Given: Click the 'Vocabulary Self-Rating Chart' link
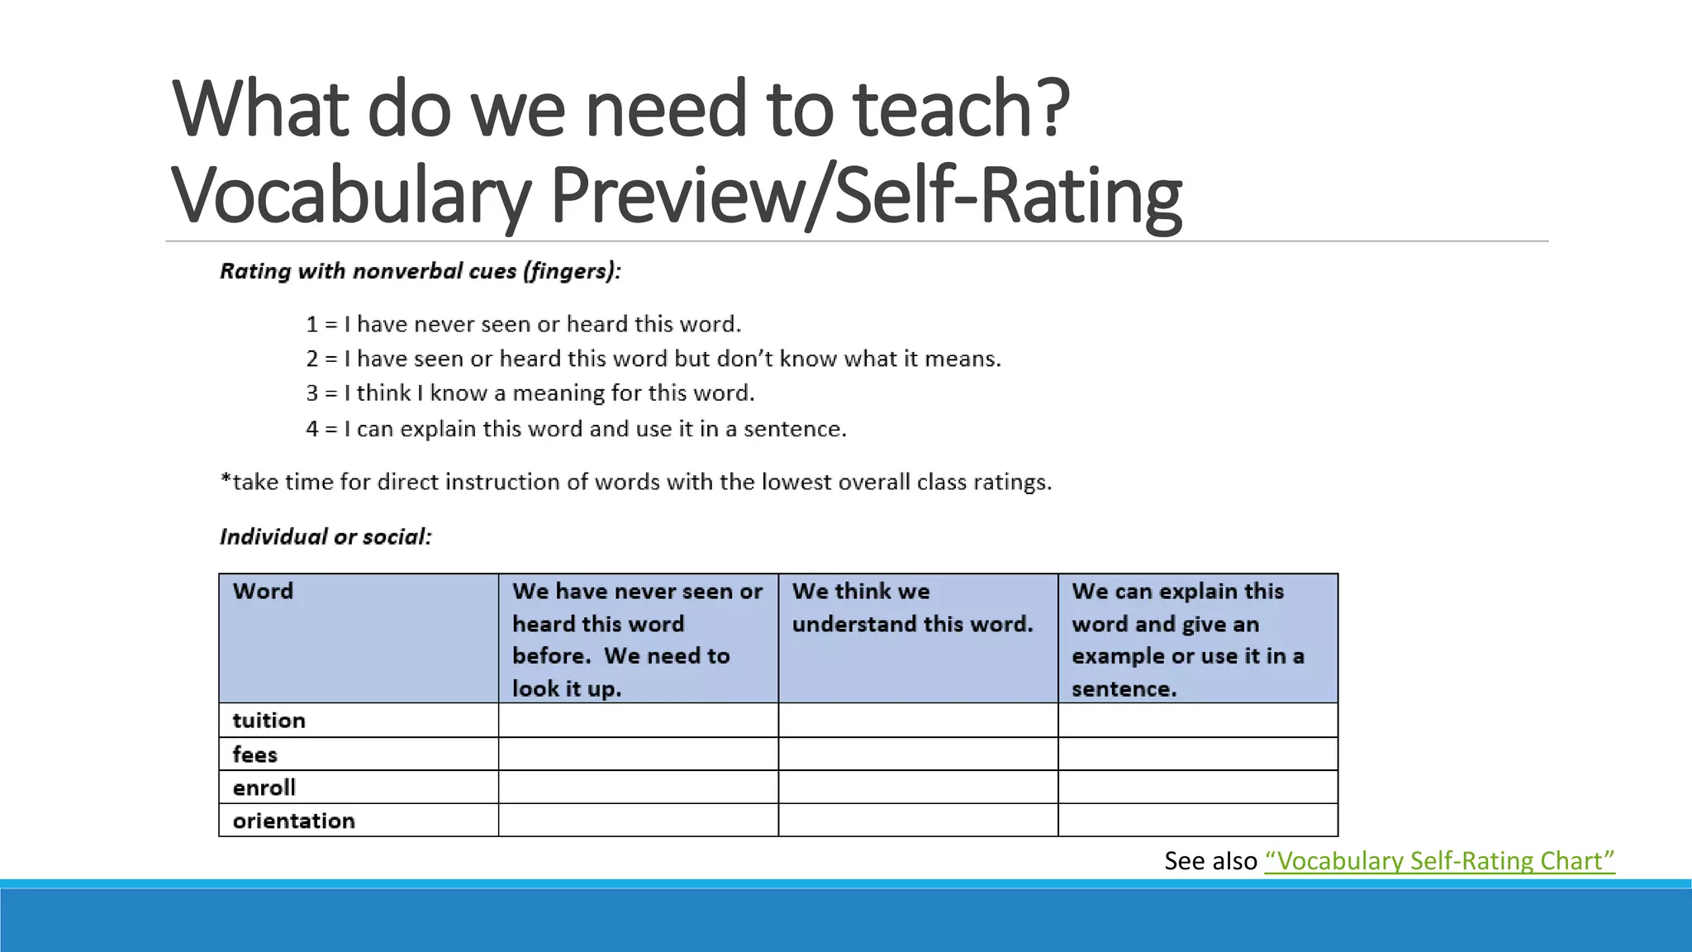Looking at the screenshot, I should pos(1439,861).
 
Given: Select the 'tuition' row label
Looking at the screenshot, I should pos(269,721).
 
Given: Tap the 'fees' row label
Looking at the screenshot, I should pos(255,754).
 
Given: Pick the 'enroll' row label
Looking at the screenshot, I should pos(264,788).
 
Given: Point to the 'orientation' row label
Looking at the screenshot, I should pos(294,821).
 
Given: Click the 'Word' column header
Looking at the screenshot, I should pos(264,592).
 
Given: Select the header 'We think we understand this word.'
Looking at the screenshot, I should pos(912,607).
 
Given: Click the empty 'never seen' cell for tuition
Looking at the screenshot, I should pos(638,721).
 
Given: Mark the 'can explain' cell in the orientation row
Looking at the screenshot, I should pos(1198,821).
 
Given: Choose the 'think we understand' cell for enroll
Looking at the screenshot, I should pos(918,788).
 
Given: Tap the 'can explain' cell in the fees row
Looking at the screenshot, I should pos(1198,754).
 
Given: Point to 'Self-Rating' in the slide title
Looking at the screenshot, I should pos(1009,196).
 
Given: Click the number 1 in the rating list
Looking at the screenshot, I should pos(311,325).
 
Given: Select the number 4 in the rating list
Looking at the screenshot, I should pos(311,430).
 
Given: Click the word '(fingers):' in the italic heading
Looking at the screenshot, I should pos(571,272).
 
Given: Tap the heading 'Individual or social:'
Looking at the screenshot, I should pos(326,537).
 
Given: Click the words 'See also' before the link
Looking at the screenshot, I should pos(1210,861).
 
